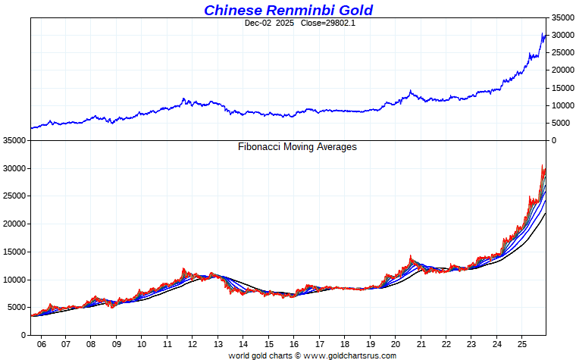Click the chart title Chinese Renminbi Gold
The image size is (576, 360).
click(x=288, y=10)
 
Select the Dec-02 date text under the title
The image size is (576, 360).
click(x=258, y=23)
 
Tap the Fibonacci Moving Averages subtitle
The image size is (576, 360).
click(x=297, y=147)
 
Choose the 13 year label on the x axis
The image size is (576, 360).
click(x=218, y=343)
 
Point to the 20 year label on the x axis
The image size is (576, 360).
click(x=395, y=343)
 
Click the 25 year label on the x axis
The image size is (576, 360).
click(x=521, y=343)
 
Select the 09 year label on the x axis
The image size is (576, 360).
click(x=116, y=343)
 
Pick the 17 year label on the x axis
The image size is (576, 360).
click(x=319, y=343)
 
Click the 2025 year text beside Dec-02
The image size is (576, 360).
click(x=285, y=23)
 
